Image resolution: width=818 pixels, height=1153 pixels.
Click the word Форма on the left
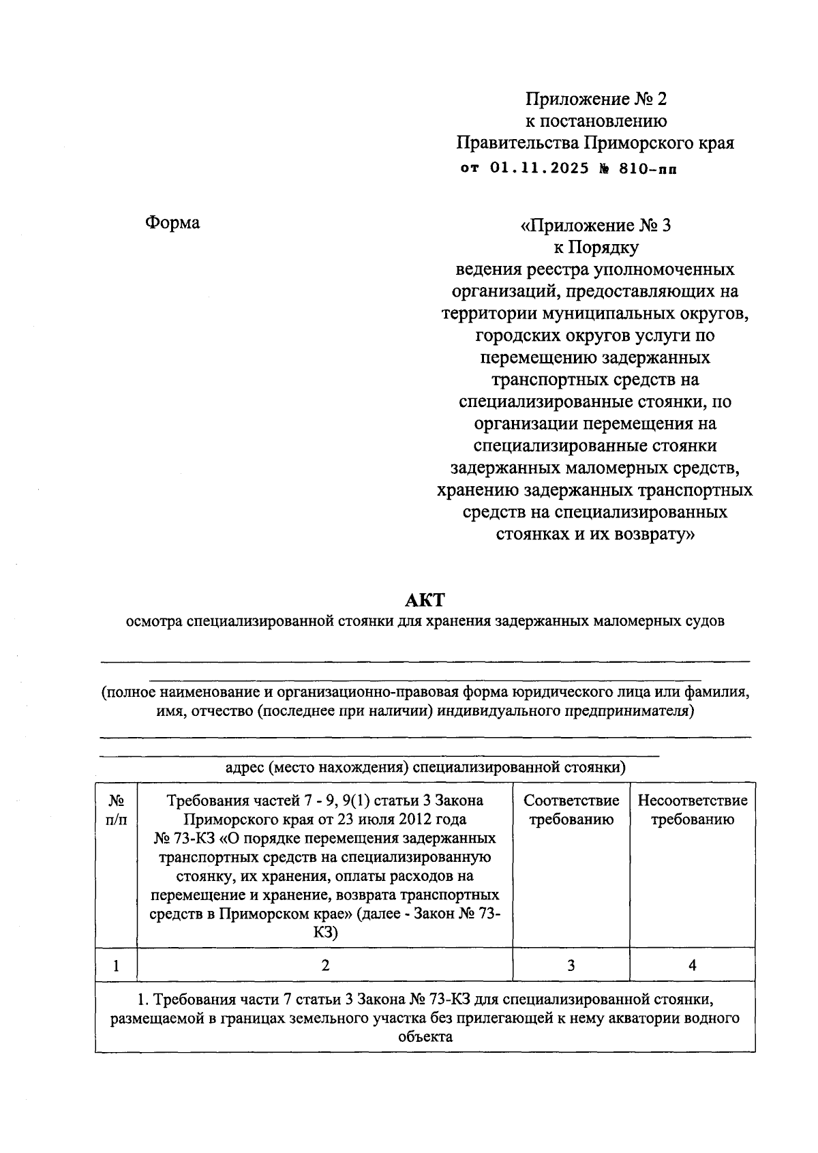(x=172, y=223)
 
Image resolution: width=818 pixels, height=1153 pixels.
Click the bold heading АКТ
(x=424, y=600)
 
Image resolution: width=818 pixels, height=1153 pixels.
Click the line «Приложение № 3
(x=595, y=225)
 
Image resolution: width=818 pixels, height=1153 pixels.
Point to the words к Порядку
(x=595, y=247)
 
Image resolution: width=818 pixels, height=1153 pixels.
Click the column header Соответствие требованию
(x=571, y=809)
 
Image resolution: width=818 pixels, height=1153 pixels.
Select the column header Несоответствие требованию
(x=692, y=809)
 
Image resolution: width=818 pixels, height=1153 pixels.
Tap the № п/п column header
(x=116, y=809)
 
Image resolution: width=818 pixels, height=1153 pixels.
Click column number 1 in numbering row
(x=116, y=965)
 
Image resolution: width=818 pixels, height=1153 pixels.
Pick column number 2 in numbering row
(x=325, y=965)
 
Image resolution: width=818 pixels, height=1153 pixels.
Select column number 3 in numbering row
(x=571, y=965)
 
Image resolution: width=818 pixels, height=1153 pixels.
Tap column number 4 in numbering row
(x=692, y=965)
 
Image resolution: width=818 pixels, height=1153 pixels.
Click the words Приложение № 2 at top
(x=595, y=100)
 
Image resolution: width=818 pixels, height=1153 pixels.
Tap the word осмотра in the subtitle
(x=154, y=621)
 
